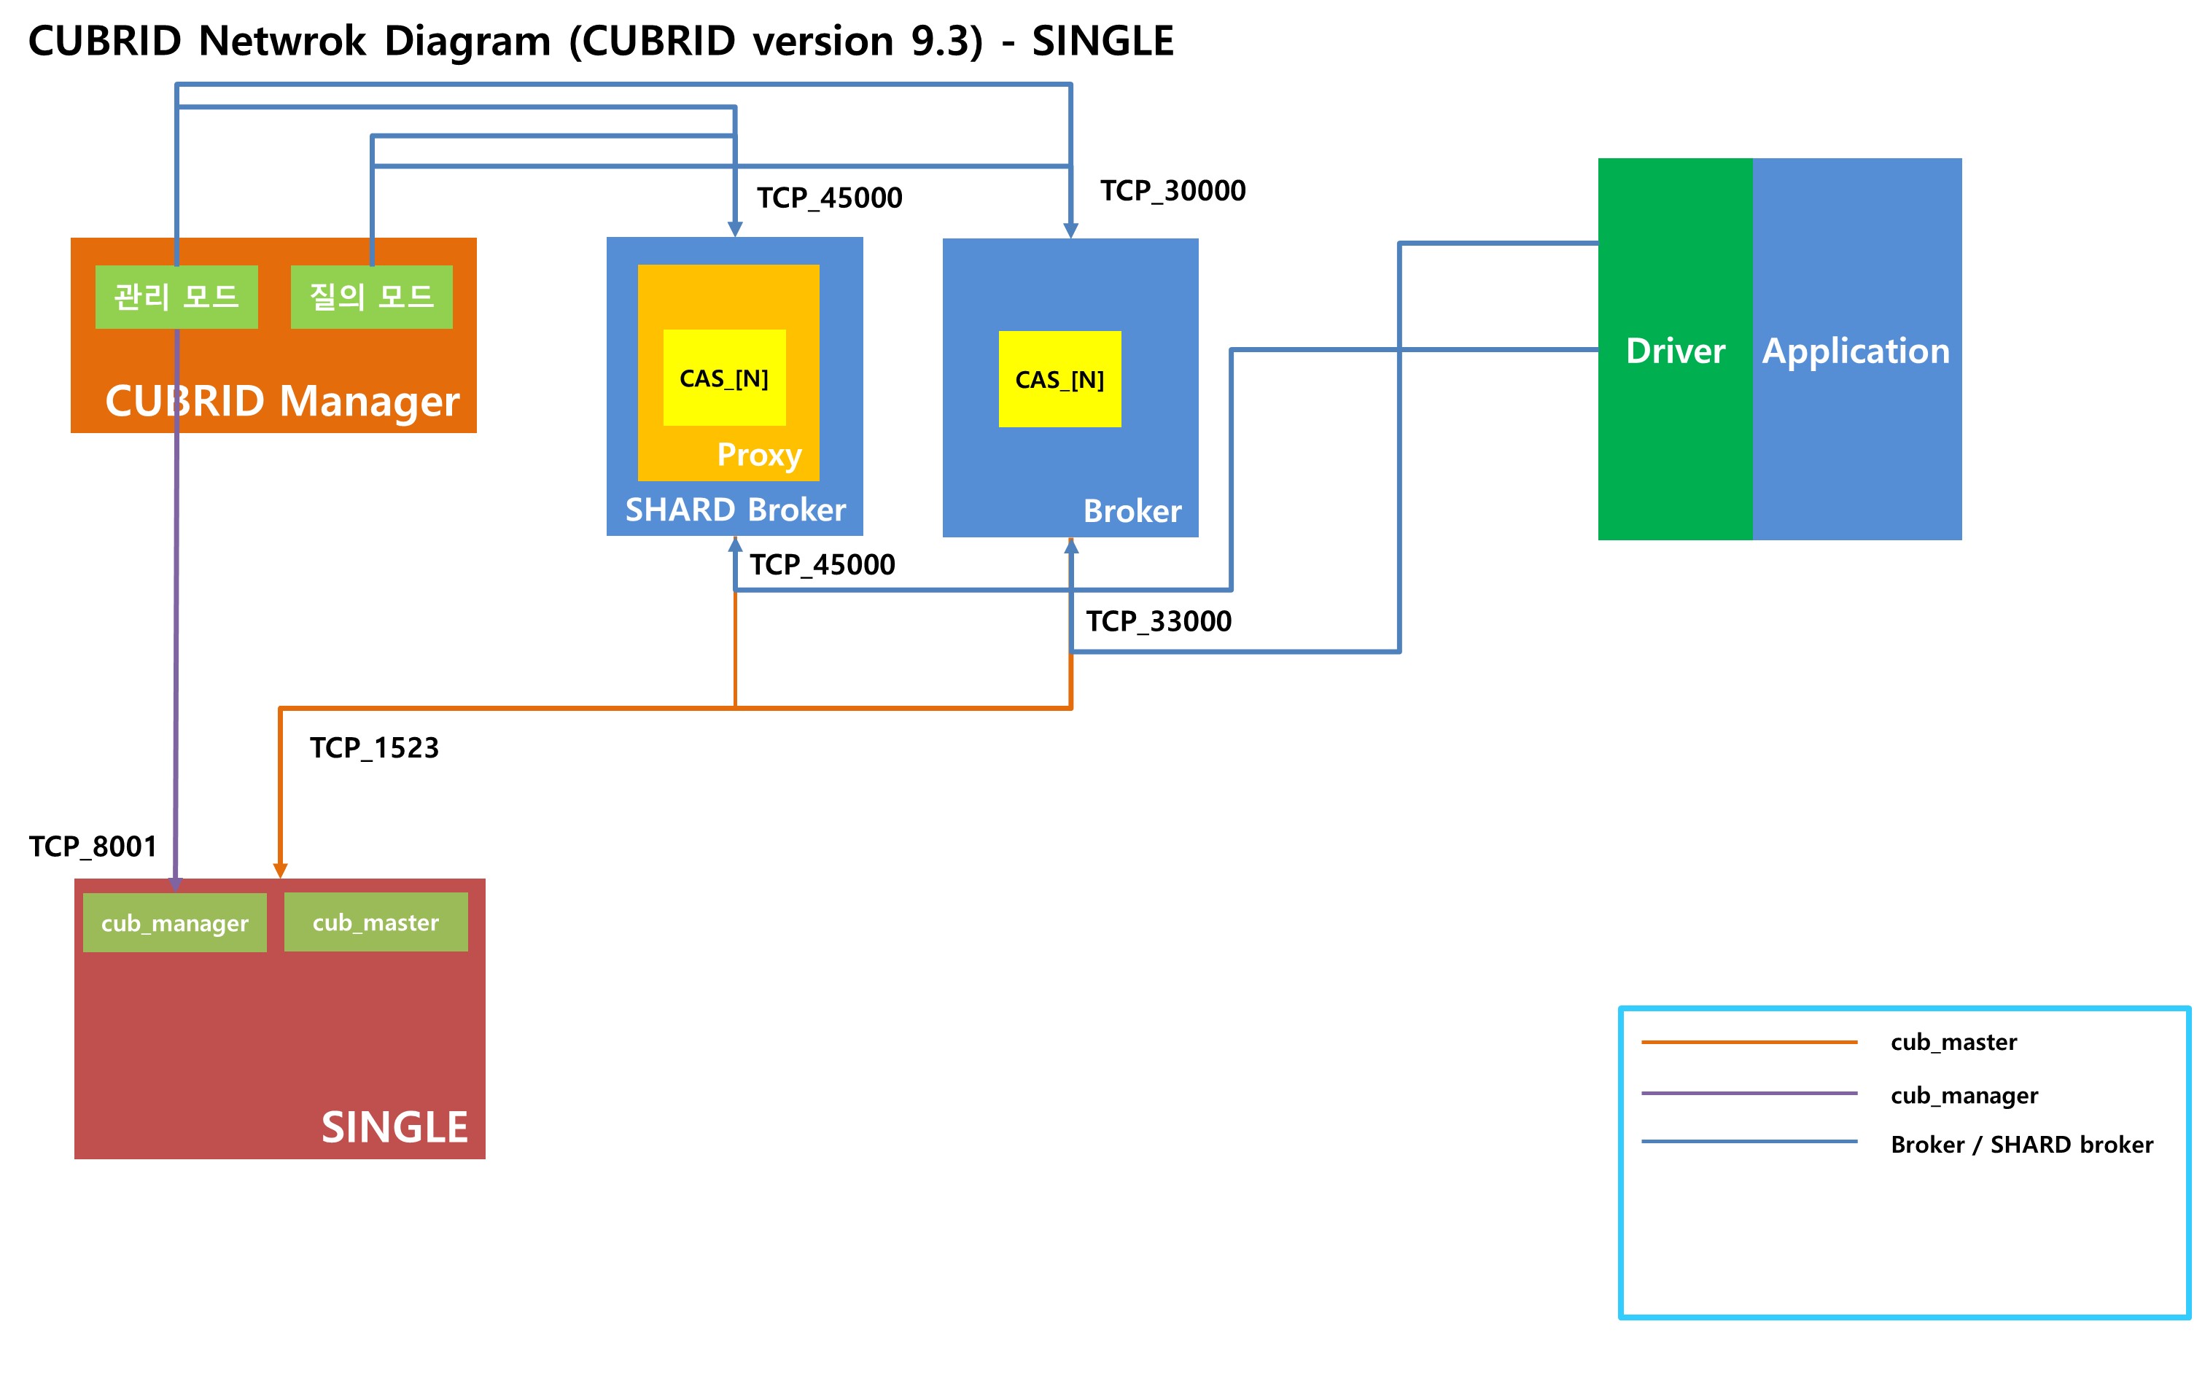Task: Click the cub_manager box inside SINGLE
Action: (x=174, y=922)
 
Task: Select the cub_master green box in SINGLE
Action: (x=376, y=922)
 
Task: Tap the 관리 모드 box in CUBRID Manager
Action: (x=176, y=296)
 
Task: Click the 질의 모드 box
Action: (x=371, y=296)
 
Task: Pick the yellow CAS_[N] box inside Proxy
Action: (x=723, y=378)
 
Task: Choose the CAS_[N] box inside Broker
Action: (x=1059, y=379)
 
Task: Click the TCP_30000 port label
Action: (x=1172, y=190)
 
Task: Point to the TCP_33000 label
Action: (x=1157, y=620)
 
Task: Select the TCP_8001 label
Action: (x=92, y=846)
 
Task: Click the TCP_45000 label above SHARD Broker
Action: (x=828, y=198)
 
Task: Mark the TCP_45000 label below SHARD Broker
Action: (x=821, y=564)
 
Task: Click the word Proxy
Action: (x=758, y=454)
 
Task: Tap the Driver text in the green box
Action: (x=1675, y=351)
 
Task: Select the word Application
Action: (x=1855, y=351)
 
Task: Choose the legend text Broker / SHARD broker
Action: (x=2021, y=1144)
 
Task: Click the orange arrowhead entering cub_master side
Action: (x=280, y=871)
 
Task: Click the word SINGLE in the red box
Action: (x=394, y=1126)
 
